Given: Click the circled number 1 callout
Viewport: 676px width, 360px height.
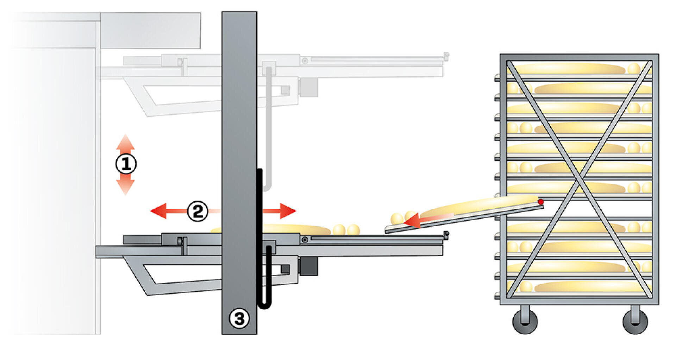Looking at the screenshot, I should click(126, 164).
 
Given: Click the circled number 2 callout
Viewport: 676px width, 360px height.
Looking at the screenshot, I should click(198, 211).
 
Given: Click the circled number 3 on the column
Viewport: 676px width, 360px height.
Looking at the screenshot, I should click(239, 318).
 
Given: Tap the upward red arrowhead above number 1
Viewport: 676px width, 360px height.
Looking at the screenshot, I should click(125, 141).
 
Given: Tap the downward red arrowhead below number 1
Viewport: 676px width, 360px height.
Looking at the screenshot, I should click(125, 187).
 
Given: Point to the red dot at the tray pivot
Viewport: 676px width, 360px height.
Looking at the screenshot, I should click(540, 202).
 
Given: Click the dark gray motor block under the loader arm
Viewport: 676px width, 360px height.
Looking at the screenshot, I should click(308, 266).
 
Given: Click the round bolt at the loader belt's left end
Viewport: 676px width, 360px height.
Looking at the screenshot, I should click(305, 240).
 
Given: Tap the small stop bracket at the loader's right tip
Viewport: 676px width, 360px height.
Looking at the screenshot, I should click(446, 235).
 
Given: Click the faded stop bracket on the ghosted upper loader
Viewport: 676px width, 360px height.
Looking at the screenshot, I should click(446, 56).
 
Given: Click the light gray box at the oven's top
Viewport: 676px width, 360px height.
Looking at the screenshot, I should click(151, 31).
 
